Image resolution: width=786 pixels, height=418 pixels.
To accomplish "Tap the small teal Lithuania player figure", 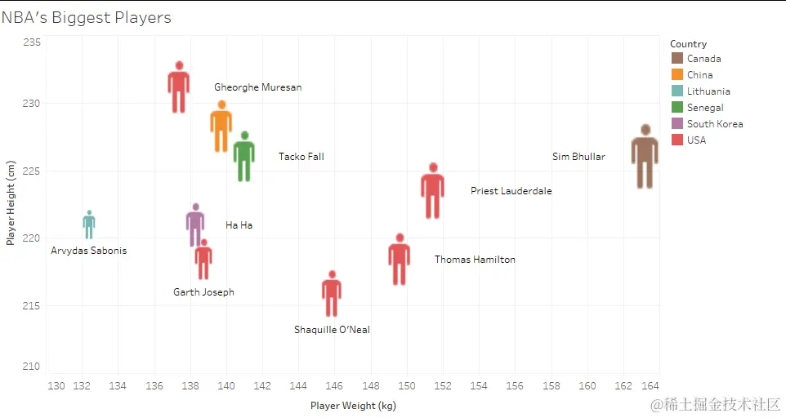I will pos(89,225).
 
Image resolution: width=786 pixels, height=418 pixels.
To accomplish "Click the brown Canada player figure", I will pos(645,157).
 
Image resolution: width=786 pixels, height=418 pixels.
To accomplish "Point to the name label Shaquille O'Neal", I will pos(332,330).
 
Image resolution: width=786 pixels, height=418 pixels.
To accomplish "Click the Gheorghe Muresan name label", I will pos(257,87).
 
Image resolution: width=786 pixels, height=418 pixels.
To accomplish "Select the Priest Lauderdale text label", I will pos(511,191).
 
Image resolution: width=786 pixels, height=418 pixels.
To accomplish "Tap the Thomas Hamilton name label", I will pos(475,260).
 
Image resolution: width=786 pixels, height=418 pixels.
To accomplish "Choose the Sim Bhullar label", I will pos(578,157).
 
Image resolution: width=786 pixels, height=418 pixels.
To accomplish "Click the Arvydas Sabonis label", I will pos(89,251).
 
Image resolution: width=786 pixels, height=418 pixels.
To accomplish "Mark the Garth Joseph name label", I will pos(203,292).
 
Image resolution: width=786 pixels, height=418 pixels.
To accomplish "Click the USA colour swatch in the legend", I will pos(677,140).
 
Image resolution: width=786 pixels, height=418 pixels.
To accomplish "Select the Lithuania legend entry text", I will pos(708,91).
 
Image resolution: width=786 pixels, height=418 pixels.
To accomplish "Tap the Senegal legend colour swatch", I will pos(677,107).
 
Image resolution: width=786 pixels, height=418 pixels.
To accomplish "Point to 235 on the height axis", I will pos(31,42).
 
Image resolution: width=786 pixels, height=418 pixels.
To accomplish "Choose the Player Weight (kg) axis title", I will pos(353,405).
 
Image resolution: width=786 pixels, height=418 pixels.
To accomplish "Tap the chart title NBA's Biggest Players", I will pos(86,18).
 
